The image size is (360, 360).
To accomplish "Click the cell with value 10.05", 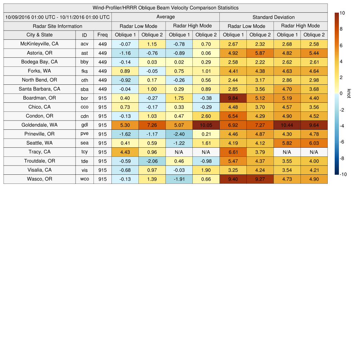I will click(206, 125).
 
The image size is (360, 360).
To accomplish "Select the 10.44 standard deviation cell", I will click(287, 125).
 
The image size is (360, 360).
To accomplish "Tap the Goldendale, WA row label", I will click(39, 125).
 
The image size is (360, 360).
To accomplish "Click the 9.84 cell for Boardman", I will click(233, 98).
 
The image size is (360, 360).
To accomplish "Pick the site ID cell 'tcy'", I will click(84, 152).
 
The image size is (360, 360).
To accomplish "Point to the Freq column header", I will click(103, 35).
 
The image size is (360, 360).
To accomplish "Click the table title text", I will click(165, 8).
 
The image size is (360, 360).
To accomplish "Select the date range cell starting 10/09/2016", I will click(57, 17).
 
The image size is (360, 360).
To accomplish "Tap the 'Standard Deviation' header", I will click(274, 17).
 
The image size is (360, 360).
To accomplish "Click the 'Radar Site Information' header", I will click(57, 26).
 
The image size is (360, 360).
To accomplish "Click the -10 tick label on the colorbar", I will click(343, 174).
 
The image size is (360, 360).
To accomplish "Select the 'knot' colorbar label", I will click(349, 94).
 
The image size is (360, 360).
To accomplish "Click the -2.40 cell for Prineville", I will click(179, 134).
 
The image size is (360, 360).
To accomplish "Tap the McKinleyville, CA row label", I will click(39, 44).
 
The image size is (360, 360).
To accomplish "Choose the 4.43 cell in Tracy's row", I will click(125, 152).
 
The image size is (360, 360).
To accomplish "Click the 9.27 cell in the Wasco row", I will click(260, 179).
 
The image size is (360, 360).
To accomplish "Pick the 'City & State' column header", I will click(39, 35).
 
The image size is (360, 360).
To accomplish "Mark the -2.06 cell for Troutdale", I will click(152, 161).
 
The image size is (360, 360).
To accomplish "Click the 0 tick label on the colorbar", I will click(341, 94).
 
